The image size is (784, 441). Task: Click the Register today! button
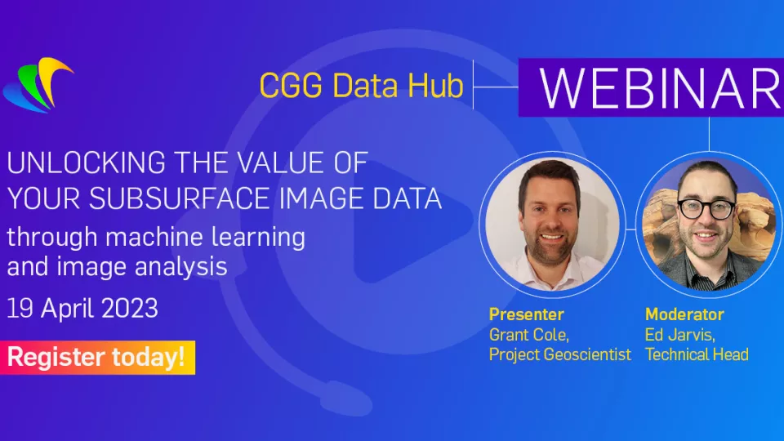[97, 358]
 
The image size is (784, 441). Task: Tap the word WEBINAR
[661, 88]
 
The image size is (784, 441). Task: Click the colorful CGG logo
[38, 85]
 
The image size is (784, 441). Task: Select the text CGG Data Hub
[362, 85]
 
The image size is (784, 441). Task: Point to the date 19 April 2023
[82, 308]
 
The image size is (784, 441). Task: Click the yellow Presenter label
[527, 314]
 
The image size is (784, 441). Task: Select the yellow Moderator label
[684, 314]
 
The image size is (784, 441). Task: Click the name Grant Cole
[529, 335]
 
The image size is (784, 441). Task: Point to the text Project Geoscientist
[560, 354]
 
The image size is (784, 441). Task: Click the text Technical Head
[697, 354]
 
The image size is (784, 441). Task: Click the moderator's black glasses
[706, 208]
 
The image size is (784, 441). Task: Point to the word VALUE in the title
[282, 163]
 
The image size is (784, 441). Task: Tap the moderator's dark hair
[706, 175]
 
